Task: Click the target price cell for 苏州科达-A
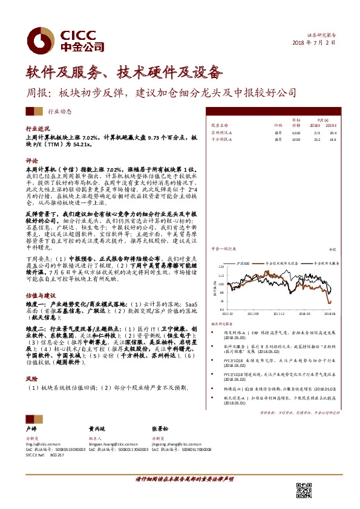tap(296, 131)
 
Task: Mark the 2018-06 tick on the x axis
tap(330, 314)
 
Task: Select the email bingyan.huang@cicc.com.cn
tap(113, 443)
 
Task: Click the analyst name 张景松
tap(159, 426)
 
